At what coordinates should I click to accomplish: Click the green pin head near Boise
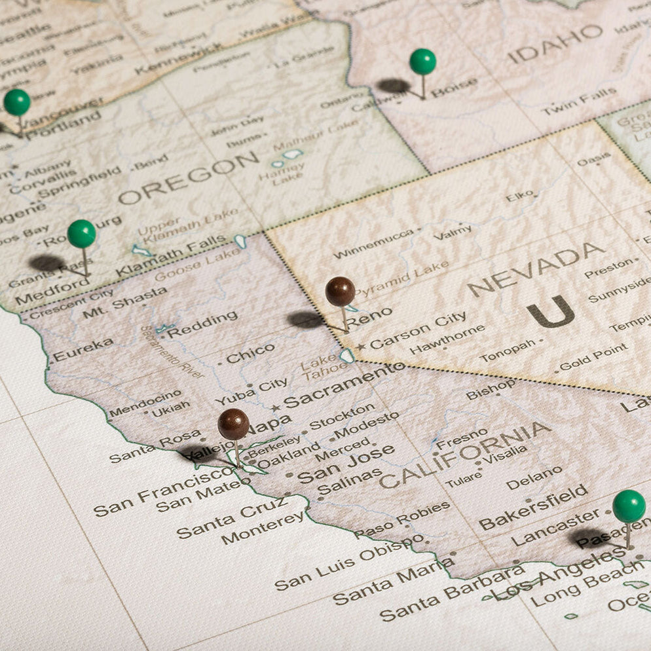pos(422,62)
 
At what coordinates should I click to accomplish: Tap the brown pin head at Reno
pos(340,291)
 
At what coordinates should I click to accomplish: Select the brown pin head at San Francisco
pos(233,424)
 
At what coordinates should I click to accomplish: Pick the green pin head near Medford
pos(81,234)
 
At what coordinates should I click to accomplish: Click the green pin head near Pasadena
pos(629,506)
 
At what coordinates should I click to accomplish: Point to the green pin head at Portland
pos(17,102)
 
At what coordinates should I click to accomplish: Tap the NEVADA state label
pos(536,269)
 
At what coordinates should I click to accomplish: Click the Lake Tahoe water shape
pos(346,356)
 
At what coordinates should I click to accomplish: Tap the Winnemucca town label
pos(373,244)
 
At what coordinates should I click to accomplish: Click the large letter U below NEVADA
pos(550,312)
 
